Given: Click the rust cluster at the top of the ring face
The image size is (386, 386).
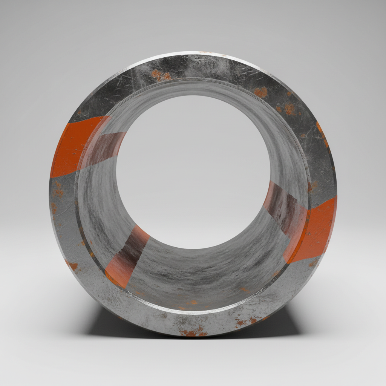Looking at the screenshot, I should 160,75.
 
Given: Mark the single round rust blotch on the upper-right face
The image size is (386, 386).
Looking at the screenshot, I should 260,92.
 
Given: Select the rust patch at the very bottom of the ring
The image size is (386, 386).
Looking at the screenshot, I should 193,333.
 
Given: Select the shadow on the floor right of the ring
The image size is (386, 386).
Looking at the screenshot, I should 290,320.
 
